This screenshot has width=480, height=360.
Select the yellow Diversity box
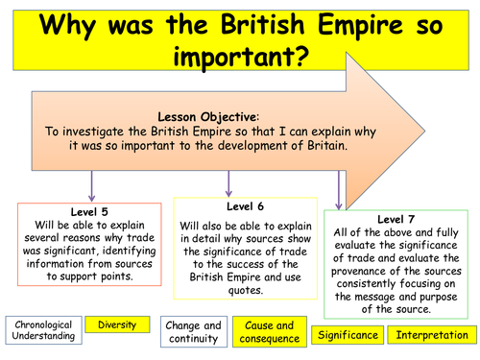(x=116, y=325)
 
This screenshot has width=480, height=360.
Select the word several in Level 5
(x=49, y=236)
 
